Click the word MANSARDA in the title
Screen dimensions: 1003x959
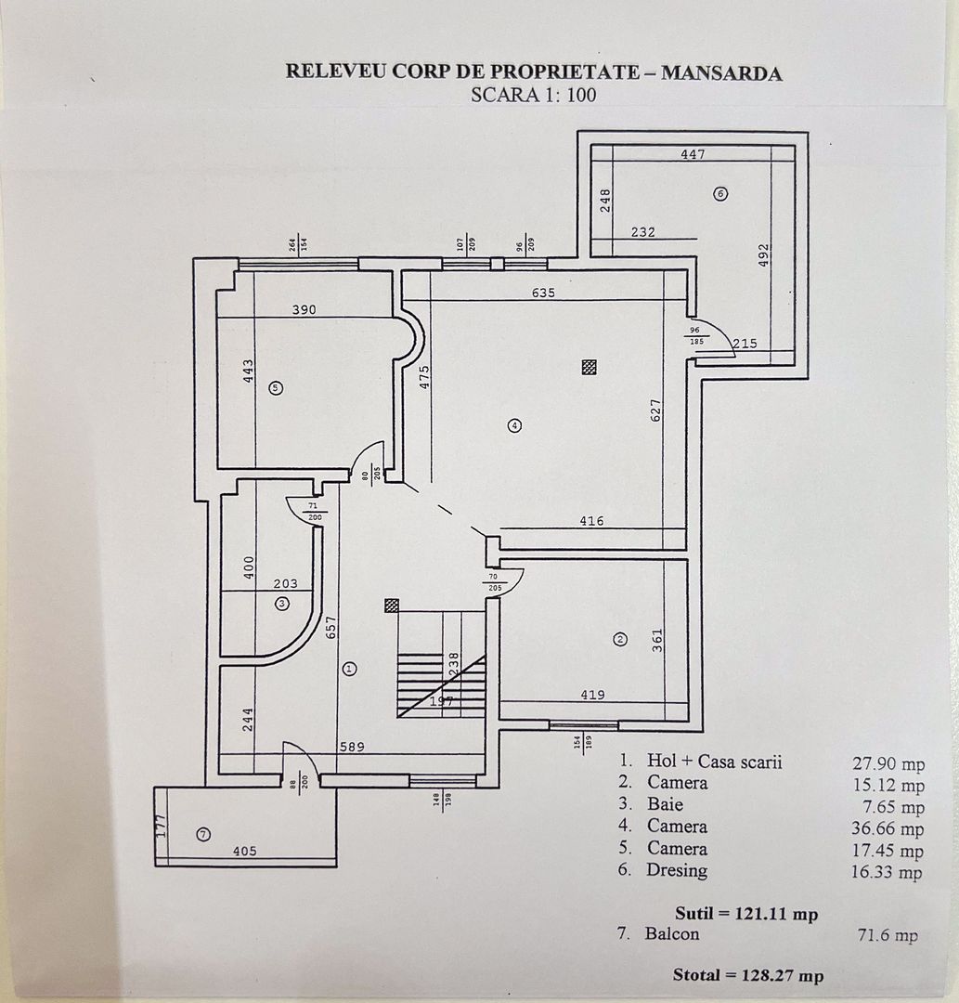(721, 72)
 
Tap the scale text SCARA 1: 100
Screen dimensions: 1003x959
(533, 94)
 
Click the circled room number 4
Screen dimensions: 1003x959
(514, 425)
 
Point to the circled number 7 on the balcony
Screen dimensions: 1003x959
(203, 835)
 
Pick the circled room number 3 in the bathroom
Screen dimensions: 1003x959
(282, 604)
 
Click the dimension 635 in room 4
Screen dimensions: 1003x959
(544, 293)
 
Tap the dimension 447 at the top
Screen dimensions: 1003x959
(693, 154)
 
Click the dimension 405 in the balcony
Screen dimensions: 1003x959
(244, 851)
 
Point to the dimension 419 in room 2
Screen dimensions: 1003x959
(592, 694)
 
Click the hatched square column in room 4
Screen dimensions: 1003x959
(588, 367)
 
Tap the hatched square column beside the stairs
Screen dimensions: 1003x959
(392, 605)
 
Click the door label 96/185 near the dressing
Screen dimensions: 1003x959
(695, 336)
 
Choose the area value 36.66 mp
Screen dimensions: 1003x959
(888, 828)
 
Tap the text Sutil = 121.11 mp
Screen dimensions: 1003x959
(747, 914)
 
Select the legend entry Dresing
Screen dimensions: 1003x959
(677, 870)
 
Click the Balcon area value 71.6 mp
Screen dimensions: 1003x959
(887, 935)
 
